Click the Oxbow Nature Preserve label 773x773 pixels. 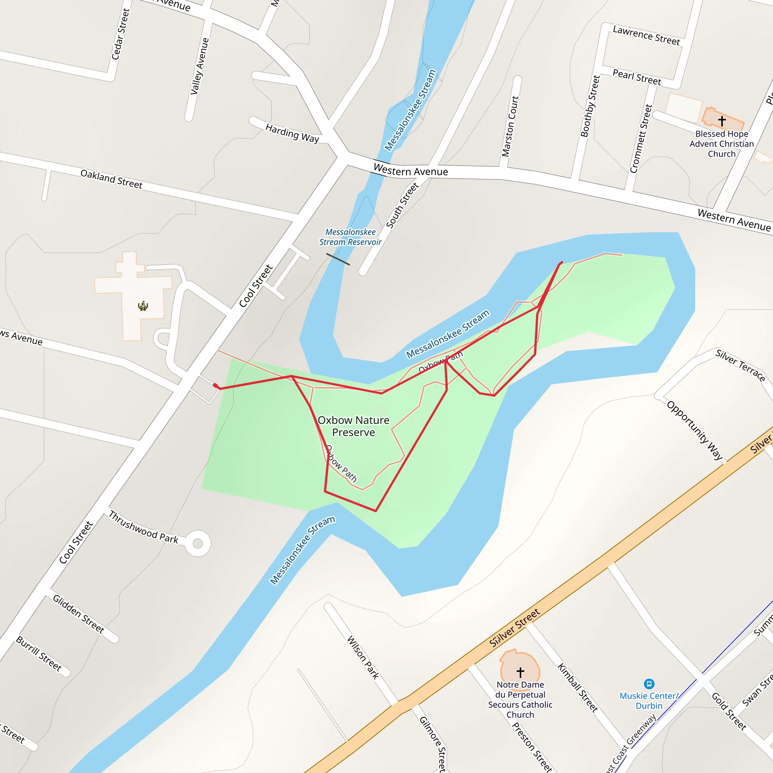click(353, 426)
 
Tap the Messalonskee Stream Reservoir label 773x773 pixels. click(350, 237)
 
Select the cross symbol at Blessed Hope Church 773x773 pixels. click(722, 120)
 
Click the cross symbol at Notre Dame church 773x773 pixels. click(520, 672)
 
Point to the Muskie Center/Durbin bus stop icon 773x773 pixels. click(649, 684)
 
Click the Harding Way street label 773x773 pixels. click(292, 133)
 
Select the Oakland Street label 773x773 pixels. click(111, 179)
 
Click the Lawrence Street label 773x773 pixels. click(646, 35)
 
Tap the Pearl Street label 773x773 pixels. click(637, 77)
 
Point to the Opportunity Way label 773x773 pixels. click(695, 430)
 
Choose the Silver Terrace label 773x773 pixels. click(740, 365)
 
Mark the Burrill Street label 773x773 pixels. click(39, 653)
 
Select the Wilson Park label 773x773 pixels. click(362, 658)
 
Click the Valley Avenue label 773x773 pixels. click(199, 66)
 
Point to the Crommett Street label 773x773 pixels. click(641, 139)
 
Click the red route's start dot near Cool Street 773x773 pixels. click(215, 385)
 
